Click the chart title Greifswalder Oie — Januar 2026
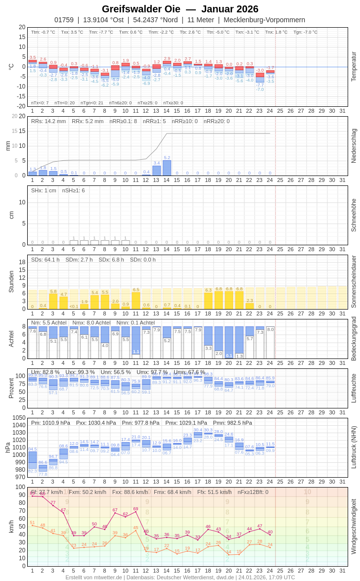pyautogui.click(x=180, y=9)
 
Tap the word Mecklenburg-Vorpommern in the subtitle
pyautogui.click(x=264, y=20)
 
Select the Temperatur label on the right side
pyautogui.click(x=354, y=67)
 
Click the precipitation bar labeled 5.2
pyautogui.click(x=167, y=168)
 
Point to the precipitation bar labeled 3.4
pyautogui.click(x=156, y=171)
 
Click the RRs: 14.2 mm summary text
pyautogui.click(x=48, y=121)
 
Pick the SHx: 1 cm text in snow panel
pyautogui.click(x=44, y=190)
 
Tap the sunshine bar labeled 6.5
pyautogui.click(x=136, y=301)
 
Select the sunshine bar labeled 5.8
pyautogui.click(x=53, y=302)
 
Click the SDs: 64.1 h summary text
pyautogui.click(x=45, y=260)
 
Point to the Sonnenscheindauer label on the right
pyautogui.click(x=354, y=282)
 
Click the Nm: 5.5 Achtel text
pyautogui.click(x=48, y=322)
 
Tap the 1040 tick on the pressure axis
pyautogui.click(x=19, y=425)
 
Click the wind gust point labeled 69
pyautogui.click(x=136, y=513)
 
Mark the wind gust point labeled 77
pyautogui.click(x=53, y=506)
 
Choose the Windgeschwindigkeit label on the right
pyautogui.click(x=354, y=526)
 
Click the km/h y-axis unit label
pyautogui.click(x=11, y=526)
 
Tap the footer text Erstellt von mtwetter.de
pyautogui.click(x=94, y=577)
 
